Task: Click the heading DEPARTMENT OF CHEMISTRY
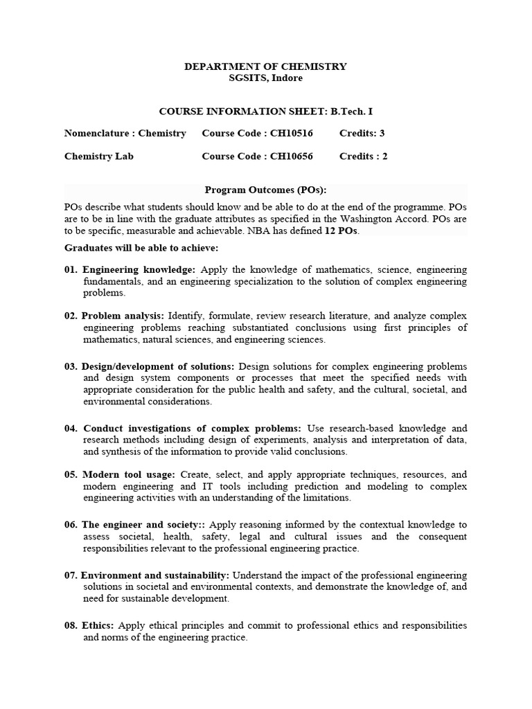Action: [265, 66]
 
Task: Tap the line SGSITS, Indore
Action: [265, 78]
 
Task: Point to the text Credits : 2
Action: [363, 156]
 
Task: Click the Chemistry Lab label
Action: [99, 156]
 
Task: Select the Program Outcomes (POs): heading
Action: [265, 190]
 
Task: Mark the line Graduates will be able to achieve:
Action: [141, 247]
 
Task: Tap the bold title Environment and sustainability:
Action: [155, 575]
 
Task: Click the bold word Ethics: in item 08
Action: [98, 625]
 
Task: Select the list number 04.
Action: [71, 428]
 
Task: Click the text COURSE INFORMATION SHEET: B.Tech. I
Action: [265, 111]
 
